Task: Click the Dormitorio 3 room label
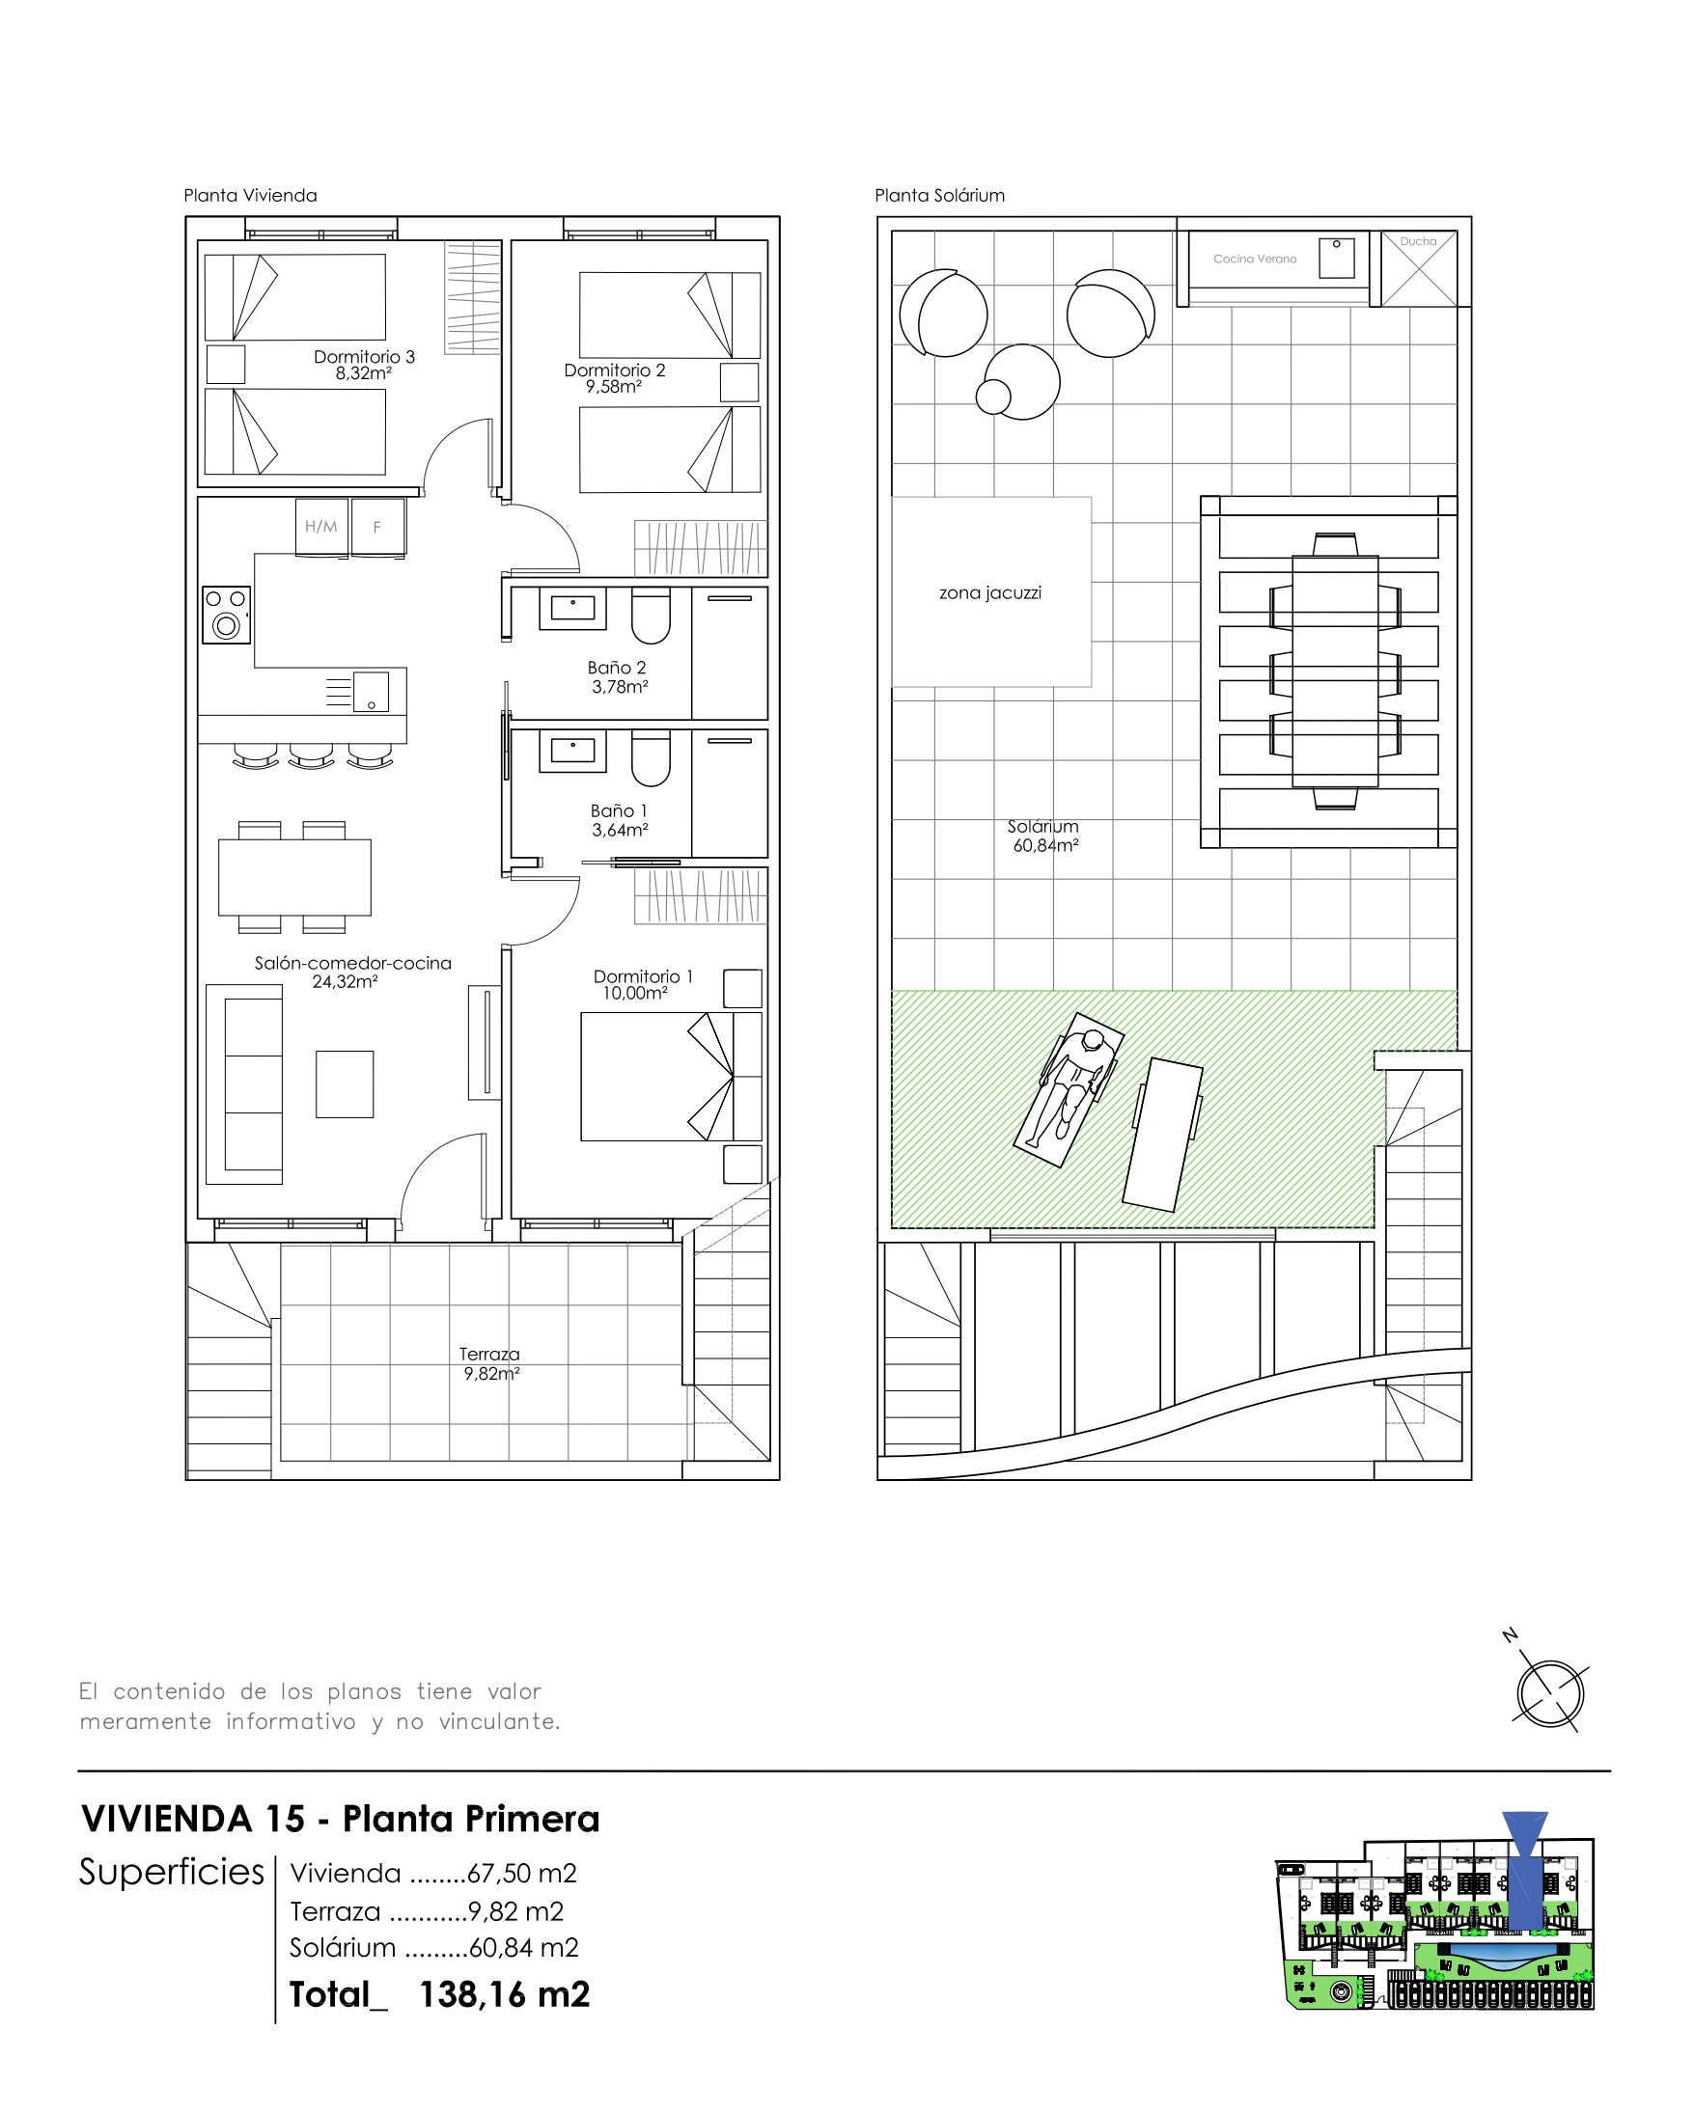[x=364, y=357]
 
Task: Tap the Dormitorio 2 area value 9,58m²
[x=614, y=387]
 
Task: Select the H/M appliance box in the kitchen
[x=321, y=527]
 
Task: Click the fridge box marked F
[x=378, y=527]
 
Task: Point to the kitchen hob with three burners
[x=226, y=616]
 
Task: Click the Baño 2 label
[x=616, y=667]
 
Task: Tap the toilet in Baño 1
[x=651, y=759]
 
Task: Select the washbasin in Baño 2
[x=572, y=609]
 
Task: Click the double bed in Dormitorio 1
[x=671, y=1076]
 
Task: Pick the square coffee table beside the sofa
[x=345, y=1084]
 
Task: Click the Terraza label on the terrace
[x=489, y=1354]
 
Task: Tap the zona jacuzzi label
[x=989, y=592]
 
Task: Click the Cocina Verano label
[x=1254, y=259]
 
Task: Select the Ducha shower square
[x=1418, y=268]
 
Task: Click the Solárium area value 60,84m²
[x=1045, y=845]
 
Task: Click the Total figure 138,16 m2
[x=505, y=1994]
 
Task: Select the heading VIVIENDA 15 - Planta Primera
[x=340, y=1819]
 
